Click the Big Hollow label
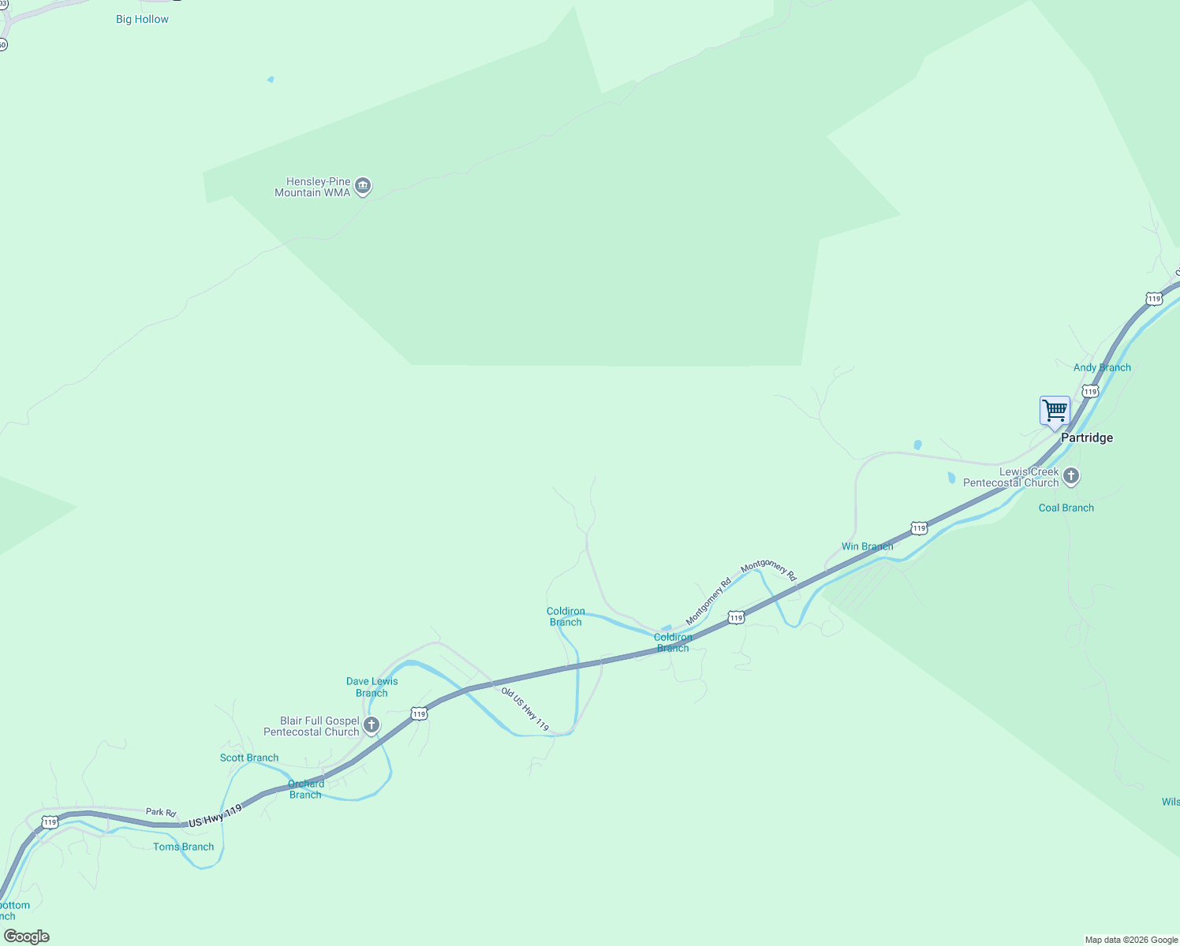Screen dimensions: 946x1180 pyautogui.click(x=142, y=19)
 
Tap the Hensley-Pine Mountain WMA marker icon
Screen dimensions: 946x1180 pyautogui.click(x=363, y=186)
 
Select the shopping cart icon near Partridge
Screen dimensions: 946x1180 pyautogui.click(x=1055, y=411)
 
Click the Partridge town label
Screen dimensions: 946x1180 pyautogui.click(x=1086, y=438)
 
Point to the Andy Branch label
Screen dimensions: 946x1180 pyautogui.click(x=1102, y=367)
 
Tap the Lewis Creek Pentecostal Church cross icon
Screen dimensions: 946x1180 pyautogui.click(x=1070, y=475)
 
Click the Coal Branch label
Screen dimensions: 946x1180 pyautogui.click(x=1066, y=508)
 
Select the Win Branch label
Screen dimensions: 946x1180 pyautogui.click(x=867, y=546)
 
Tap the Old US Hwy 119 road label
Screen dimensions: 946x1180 pyautogui.click(x=525, y=709)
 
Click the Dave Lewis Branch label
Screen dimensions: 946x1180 pyautogui.click(x=372, y=687)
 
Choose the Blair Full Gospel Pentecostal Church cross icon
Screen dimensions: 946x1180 pyautogui.click(x=372, y=724)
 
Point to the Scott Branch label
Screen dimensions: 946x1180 pyautogui.click(x=249, y=758)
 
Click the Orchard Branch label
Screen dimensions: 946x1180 pyautogui.click(x=305, y=789)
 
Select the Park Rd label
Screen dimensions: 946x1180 pyautogui.click(x=161, y=812)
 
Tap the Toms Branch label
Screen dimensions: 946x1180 pyautogui.click(x=184, y=847)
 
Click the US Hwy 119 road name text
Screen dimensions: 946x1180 pyautogui.click(x=215, y=816)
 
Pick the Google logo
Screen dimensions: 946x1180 pyautogui.click(x=27, y=937)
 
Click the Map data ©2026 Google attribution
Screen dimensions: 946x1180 pyautogui.click(x=1131, y=940)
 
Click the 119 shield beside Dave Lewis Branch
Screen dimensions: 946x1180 pyautogui.click(x=419, y=713)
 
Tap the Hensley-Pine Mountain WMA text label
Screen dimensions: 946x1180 pyautogui.click(x=312, y=187)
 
